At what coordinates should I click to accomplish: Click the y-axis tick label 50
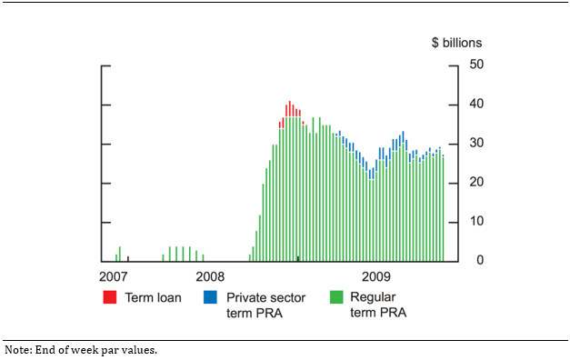coord(476,65)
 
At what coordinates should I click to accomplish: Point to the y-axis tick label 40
coord(476,104)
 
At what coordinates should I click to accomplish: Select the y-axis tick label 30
coord(476,143)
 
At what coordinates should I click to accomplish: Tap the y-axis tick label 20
coord(476,182)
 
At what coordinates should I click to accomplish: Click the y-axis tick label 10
coord(476,221)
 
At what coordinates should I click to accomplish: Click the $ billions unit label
coord(456,43)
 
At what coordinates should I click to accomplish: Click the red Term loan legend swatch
coord(110,297)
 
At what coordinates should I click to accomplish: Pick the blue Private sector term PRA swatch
coord(210,297)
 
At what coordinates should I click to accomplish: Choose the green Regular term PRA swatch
coord(335,297)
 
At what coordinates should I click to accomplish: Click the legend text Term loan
coord(154,297)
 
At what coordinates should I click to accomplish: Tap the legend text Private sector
coord(265,297)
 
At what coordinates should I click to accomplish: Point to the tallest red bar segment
coord(290,108)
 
